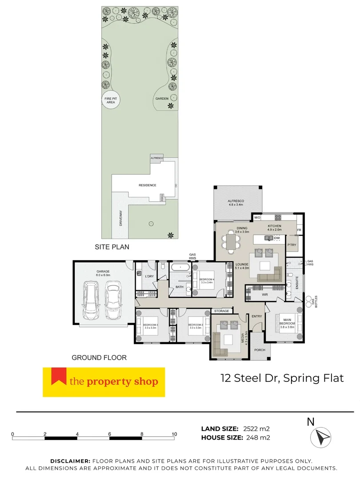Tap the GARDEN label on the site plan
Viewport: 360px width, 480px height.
pyautogui.click(x=160, y=98)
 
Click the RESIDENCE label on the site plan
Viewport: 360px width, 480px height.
pyautogui.click(x=148, y=185)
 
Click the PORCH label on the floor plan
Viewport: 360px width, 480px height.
pyautogui.click(x=260, y=350)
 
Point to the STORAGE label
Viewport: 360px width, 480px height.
pyautogui.click(x=221, y=311)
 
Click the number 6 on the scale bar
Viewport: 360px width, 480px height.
pyautogui.click(x=110, y=434)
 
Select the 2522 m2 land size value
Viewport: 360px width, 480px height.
pyautogui.click(x=256, y=429)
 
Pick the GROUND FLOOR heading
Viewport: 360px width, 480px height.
pyautogui.click(x=99, y=357)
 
